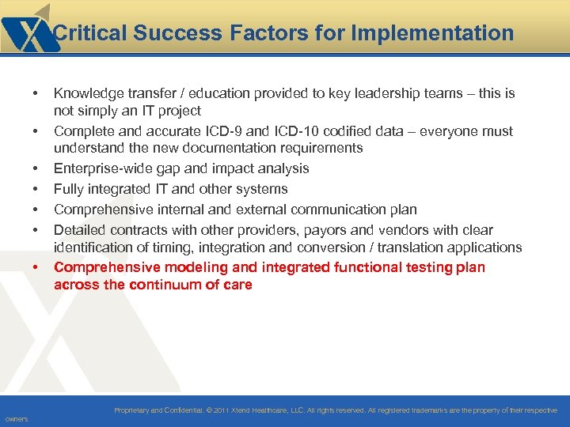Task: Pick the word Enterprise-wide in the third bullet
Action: (x=101, y=168)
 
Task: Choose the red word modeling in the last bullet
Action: (x=192, y=267)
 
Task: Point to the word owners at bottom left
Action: (x=16, y=419)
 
